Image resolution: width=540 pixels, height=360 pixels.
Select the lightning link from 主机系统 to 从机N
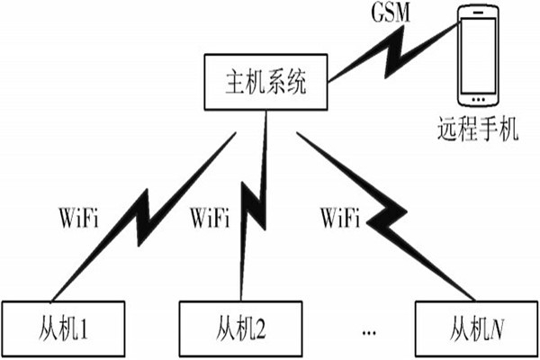click(x=387, y=216)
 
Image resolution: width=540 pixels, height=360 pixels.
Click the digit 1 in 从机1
click(x=85, y=326)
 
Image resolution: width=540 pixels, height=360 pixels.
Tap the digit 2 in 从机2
click(x=262, y=326)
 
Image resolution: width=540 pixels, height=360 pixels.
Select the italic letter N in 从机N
click(x=498, y=326)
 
